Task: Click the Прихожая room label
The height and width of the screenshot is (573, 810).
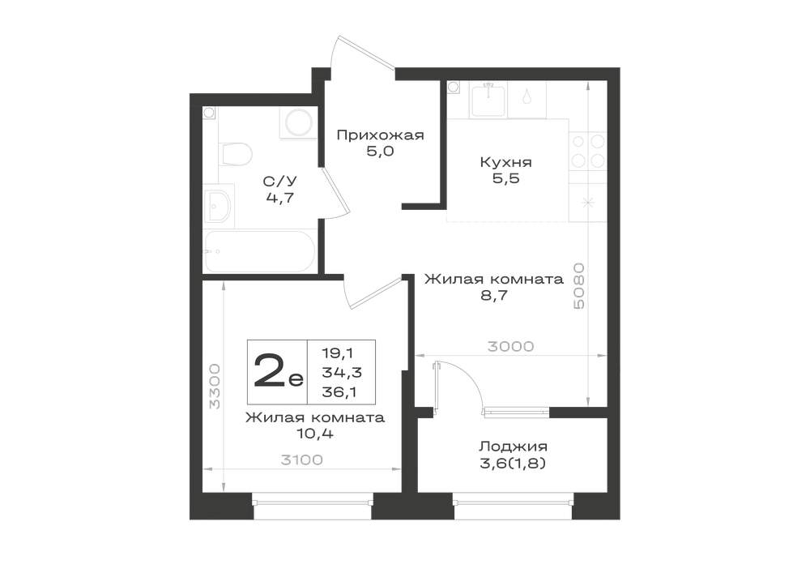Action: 380,135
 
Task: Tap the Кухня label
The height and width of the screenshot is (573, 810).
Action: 505,162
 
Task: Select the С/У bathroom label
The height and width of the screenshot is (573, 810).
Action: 280,182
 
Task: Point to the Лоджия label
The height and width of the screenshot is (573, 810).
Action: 513,447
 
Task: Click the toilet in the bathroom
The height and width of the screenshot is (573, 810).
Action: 236,154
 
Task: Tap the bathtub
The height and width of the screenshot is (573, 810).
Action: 260,251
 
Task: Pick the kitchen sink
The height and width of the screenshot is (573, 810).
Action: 488,101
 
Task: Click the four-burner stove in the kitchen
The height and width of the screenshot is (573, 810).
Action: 588,151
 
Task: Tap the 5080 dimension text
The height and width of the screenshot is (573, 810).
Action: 579,286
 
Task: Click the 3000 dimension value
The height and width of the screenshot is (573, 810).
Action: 511,346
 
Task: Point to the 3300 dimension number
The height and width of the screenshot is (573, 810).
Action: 214,387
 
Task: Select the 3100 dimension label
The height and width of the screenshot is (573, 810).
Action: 302,460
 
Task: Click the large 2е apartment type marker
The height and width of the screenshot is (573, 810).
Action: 278,371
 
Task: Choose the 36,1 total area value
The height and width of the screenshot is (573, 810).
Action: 340,393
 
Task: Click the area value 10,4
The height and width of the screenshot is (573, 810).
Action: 314,434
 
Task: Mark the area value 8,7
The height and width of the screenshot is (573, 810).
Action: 494,296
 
